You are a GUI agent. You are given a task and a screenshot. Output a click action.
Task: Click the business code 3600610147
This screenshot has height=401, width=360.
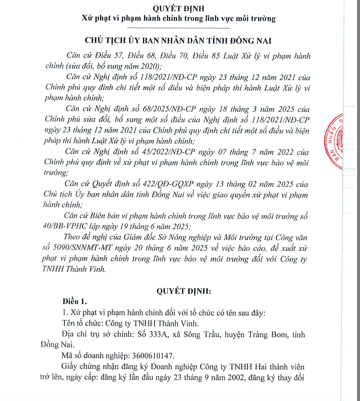[153, 356]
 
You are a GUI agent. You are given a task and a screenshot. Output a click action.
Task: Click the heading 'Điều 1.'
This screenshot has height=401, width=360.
[75, 302]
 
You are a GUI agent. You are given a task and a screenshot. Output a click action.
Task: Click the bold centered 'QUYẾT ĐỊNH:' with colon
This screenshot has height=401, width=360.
[184, 291]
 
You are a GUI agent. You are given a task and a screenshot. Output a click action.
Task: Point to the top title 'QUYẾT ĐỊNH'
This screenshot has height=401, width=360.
[178, 9]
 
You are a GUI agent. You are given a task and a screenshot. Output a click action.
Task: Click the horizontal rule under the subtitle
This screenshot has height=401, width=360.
[178, 28]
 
